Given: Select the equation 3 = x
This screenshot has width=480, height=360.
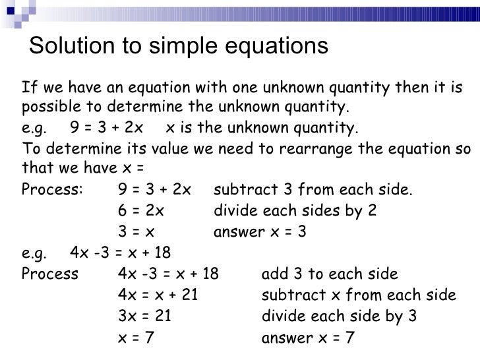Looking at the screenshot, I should pyautogui.click(x=136, y=233).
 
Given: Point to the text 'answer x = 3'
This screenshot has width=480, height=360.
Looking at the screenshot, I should pyautogui.click(x=260, y=233).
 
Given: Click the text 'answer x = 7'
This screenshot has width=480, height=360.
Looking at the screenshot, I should pyautogui.click(x=308, y=338).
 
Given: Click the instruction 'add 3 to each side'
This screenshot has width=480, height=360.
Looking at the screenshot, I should pyautogui.click(x=330, y=275).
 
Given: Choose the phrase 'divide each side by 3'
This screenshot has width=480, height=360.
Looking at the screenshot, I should pyautogui.click(x=340, y=317).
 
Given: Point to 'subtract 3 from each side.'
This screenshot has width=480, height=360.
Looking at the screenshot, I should pyautogui.click(x=314, y=191).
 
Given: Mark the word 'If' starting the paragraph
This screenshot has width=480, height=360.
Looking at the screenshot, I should pyautogui.click(x=28, y=86).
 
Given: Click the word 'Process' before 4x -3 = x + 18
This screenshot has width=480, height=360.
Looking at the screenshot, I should pyautogui.click(x=49, y=275).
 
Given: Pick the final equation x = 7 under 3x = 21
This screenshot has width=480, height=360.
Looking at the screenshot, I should pyautogui.click(x=136, y=338).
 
